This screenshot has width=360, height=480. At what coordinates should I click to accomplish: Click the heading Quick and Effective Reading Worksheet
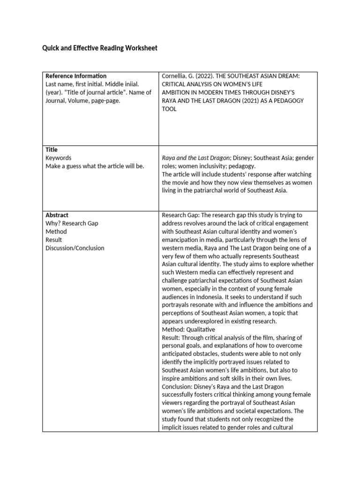100,48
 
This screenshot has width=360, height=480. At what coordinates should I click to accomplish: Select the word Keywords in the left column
59,158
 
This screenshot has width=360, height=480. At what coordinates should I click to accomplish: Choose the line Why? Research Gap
72,224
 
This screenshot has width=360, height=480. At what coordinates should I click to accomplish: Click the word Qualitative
200,330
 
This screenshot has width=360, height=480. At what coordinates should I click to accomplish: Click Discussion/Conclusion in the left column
75,248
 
